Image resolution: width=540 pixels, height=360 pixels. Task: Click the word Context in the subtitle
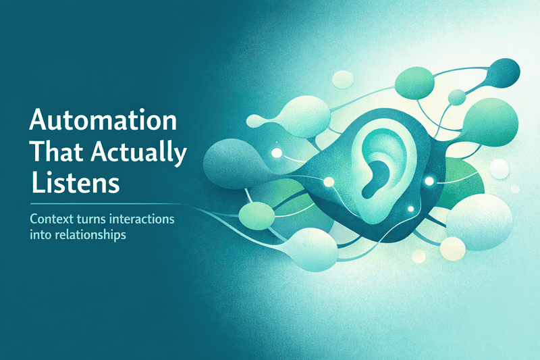click(51, 221)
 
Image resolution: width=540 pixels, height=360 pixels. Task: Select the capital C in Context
click(32, 221)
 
